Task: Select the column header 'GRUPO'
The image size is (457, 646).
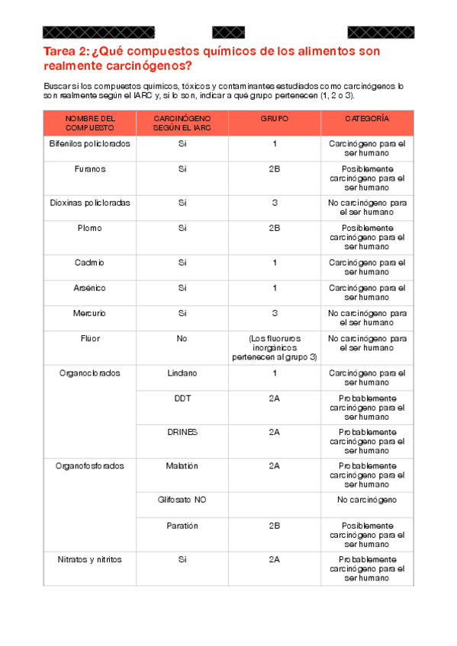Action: click(274, 120)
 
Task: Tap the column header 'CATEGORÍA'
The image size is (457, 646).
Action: click(367, 120)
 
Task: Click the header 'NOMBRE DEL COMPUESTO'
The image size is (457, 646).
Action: click(90, 123)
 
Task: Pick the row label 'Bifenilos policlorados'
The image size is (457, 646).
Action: click(90, 143)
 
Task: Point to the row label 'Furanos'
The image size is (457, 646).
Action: click(90, 168)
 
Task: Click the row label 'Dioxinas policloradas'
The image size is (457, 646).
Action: click(90, 203)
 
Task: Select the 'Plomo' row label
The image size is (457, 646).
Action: click(90, 228)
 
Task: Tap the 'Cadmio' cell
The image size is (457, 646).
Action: click(90, 262)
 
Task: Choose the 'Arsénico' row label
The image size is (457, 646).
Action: click(90, 288)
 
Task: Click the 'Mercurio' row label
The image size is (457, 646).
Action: click(90, 313)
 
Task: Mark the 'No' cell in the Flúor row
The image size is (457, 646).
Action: click(182, 338)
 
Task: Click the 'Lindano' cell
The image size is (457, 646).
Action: click(182, 373)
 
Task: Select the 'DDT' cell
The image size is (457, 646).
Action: click(182, 398)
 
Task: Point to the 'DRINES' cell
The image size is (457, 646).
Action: click(182, 432)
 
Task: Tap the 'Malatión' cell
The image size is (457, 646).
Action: click(182, 465)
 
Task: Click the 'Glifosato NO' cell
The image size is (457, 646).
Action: click(182, 500)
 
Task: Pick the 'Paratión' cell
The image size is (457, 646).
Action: click(182, 526)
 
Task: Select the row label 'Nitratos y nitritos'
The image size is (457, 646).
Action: click(90, 559)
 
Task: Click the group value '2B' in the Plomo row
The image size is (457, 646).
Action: click(274, 228)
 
